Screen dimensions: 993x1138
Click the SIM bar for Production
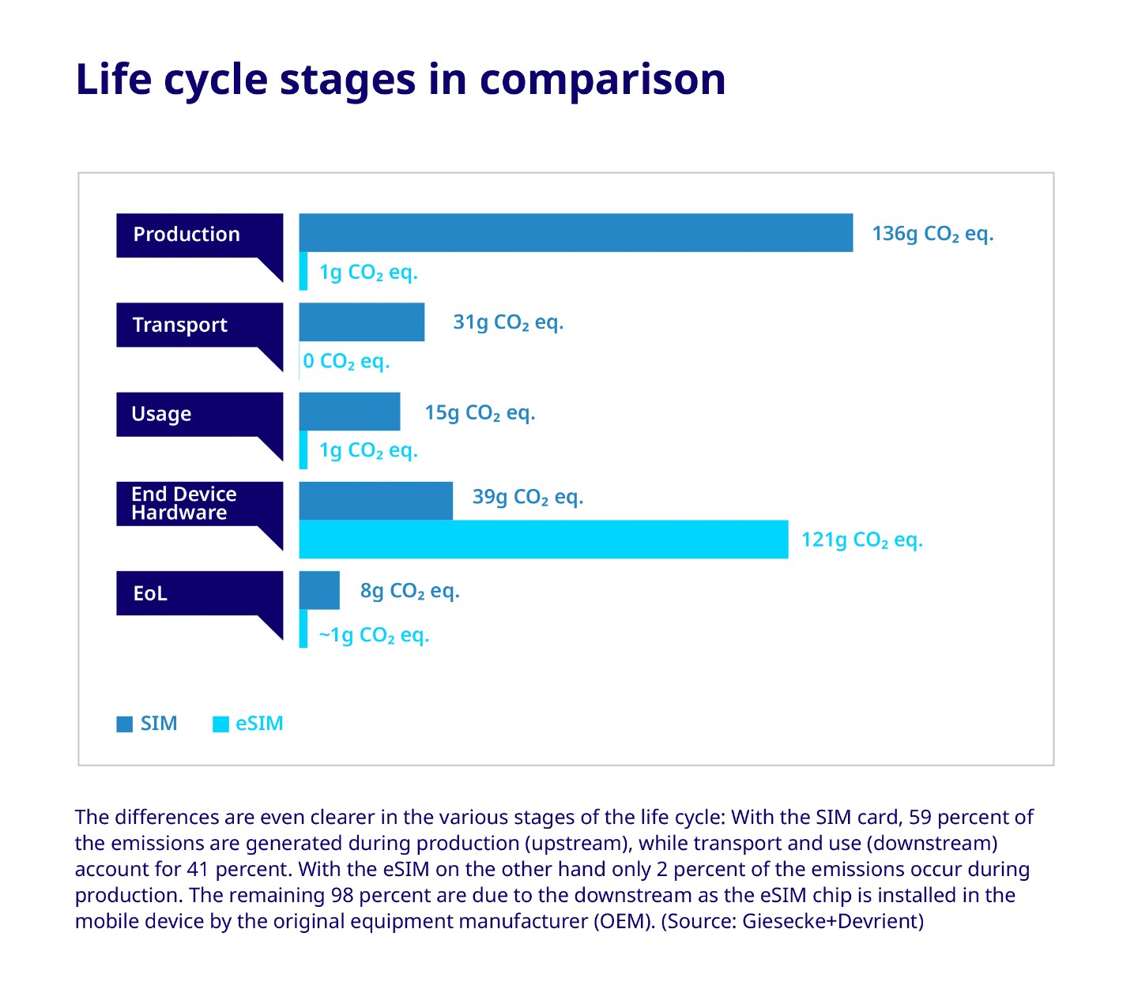click(x=575, y=233)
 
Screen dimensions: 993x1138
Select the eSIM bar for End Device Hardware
click(x=543, y=540)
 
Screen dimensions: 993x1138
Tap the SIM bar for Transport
click(x=361, y=322)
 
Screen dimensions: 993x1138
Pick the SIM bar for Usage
click(x=349, y=412)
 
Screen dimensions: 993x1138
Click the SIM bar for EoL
click(x=319, y=590)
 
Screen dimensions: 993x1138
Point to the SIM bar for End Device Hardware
click(x=375, y=501)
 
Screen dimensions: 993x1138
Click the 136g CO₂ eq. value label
click(x=932, y=234)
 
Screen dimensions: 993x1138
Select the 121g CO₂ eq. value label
click(x=861, y=540)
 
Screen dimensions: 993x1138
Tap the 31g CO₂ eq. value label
click(x=507, y=322)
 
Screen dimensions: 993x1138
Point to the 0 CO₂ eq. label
click(x=346, y=362)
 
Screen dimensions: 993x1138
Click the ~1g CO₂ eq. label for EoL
click(x=373, y=635)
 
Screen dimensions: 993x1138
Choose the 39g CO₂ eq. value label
click(x=527, y=497)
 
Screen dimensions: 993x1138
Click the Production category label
click(x=187, y=235)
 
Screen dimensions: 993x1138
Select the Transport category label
click(x=180, y=325)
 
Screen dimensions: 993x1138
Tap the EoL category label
click(x=150, y=593)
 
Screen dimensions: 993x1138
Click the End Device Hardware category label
click(x=183, y=503)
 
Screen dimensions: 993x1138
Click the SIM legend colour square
click(x=124, y=724)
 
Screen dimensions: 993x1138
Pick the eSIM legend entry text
click(x=259, y=724)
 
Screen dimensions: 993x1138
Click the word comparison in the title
click(x=602, y=80)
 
